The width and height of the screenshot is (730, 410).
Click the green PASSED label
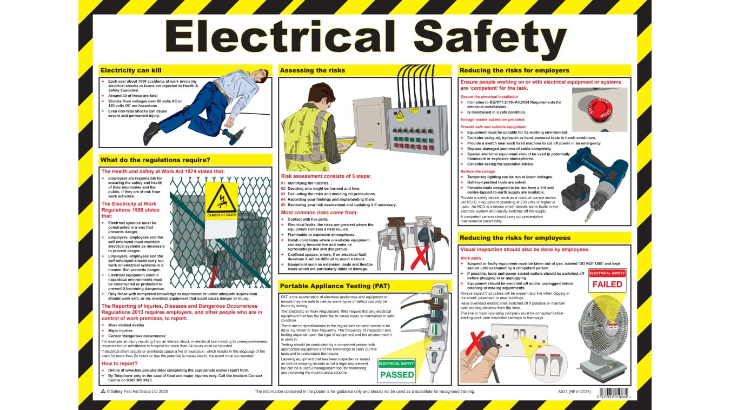point(397,374)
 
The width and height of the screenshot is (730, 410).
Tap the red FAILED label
point(607,284)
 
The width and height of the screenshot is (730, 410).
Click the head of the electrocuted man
point(262,77)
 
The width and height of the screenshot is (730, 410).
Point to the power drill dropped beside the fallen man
point(235,135)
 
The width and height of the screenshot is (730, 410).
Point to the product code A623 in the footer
point(564,391)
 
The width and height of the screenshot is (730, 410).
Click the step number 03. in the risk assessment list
point(283,194)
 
